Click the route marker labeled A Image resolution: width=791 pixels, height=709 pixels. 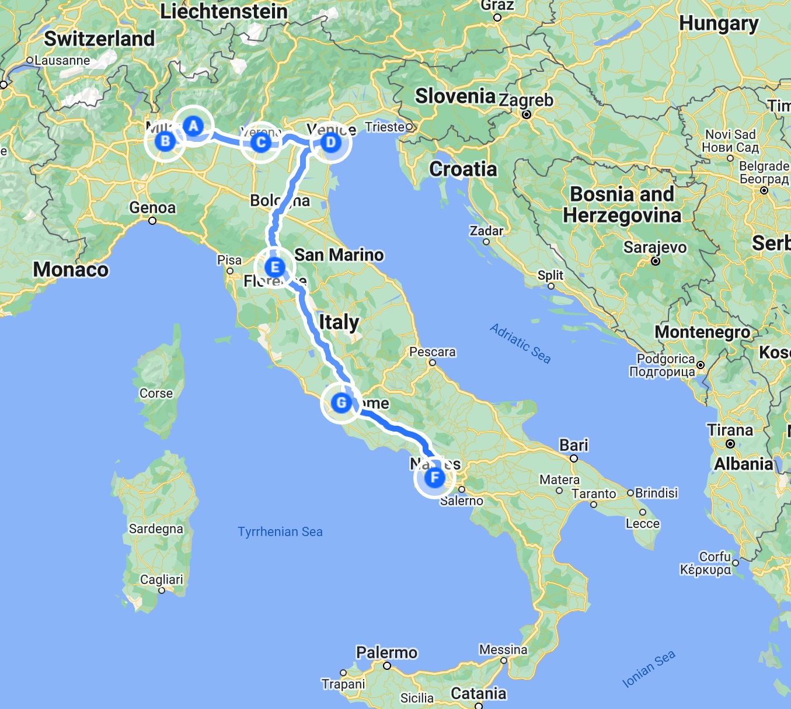click(x=194, y=126)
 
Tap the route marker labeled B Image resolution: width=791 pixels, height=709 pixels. click(x=165, y=141)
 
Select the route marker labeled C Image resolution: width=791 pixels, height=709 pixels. click(x=261, y=142)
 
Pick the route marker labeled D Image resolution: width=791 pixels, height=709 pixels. click(x=331, y=142)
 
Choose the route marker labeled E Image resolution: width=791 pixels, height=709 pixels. click(x=274, y=267)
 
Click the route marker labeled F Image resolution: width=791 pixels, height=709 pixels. click(x=434, y=478)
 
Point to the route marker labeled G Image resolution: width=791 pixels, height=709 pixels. click(x=341, y=402)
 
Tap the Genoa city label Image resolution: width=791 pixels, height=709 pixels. click(x=152, y=208)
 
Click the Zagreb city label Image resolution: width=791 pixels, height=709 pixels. click(x=526, y=100)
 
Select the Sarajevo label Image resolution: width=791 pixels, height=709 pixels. click(x=655, y=248)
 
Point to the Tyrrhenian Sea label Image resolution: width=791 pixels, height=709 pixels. click(x=280, y=531)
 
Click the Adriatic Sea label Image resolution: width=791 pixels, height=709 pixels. click(x=520, y=343)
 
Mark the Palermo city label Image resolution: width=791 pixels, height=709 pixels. click(x=386, y=652)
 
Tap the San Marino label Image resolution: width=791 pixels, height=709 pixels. click(x=339, y=255)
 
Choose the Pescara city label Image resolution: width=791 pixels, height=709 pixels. click(x=432, y=352)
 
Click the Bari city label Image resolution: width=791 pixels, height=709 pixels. click(x=574, y=446)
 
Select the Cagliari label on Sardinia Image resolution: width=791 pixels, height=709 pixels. click(x=161, y=579)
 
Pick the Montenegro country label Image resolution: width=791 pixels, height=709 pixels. click(x=702, y=332)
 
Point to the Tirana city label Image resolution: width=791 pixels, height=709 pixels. click(x=730, y=430)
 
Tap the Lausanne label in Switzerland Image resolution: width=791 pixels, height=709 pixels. click(x=62, y=60)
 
